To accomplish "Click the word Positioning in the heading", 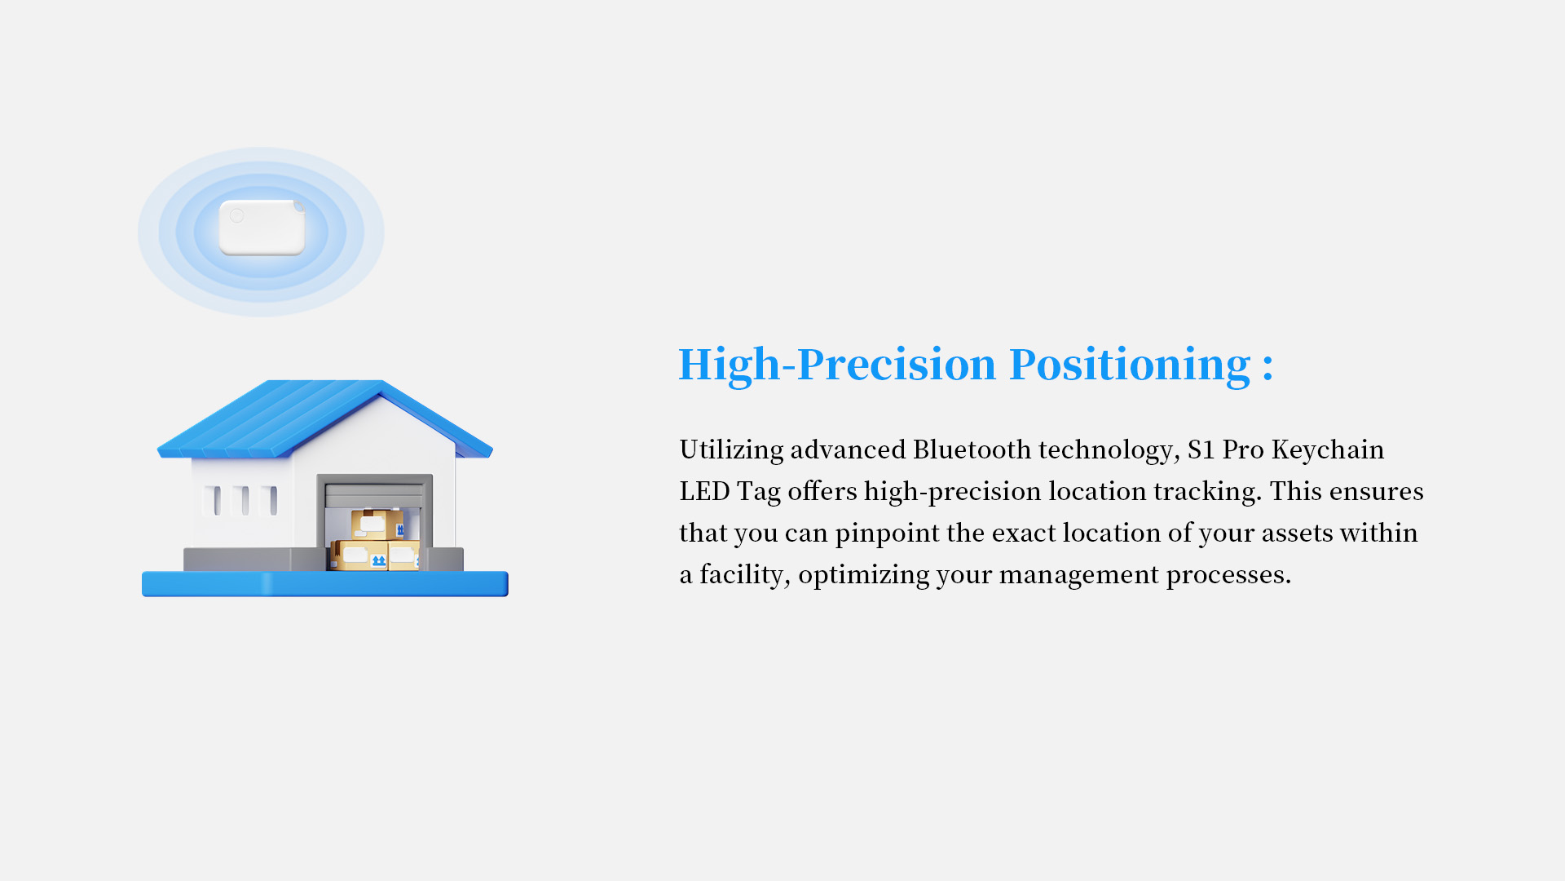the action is pos(1130,365).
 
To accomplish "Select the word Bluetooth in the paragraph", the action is pos(972,449).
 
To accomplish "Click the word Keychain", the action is pos(1327,449).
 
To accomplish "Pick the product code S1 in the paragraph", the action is pos(1201,449).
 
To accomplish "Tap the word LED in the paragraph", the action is pos(704,491).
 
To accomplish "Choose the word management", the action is pos(1078,575).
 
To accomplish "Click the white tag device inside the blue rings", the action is pos(262,227).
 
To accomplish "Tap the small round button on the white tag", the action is pos(236,215).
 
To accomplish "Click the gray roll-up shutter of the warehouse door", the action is pos(374,495).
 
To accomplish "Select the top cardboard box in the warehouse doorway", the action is pos(377,525).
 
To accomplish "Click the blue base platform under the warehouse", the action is pos(325,584).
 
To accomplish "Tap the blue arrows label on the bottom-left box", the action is pos(378,561).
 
